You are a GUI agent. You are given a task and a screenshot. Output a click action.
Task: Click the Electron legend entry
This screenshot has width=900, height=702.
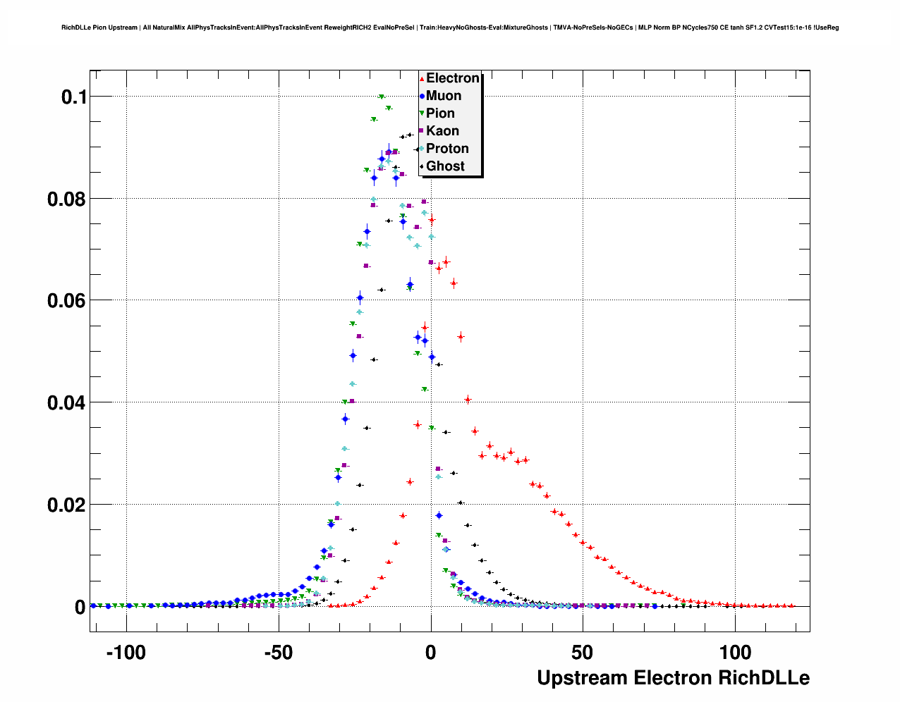[452, 78]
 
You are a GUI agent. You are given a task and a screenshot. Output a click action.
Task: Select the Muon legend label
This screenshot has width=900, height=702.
[444, 96]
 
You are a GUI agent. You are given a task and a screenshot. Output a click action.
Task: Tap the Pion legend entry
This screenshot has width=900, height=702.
[440, 113]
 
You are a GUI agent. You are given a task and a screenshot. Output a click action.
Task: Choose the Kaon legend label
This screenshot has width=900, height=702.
[442, 131]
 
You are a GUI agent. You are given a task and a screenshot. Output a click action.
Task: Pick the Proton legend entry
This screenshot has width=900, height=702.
[447, 149]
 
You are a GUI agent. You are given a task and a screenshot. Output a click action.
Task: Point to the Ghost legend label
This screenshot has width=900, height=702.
[445, 166]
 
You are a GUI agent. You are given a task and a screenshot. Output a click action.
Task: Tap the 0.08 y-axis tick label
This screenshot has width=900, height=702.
[66, 199]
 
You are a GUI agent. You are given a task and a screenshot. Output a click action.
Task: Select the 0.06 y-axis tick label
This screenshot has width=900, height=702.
[66, 301]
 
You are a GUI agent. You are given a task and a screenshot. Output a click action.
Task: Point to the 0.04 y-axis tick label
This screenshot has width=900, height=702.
[66, 403]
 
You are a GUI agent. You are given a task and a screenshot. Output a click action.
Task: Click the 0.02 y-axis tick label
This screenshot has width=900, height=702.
[66, 505]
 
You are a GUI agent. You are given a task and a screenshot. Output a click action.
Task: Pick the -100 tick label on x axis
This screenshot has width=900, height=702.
[126, 653]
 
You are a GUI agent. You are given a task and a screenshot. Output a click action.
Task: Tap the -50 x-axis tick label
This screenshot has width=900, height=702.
[278, 653]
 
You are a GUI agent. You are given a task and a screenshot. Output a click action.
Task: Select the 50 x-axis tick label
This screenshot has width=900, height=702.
[583, 653]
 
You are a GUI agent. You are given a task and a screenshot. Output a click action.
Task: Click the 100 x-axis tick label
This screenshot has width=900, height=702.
[735, 653]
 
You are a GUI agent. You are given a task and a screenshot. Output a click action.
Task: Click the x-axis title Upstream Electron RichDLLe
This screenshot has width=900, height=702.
[673, 678]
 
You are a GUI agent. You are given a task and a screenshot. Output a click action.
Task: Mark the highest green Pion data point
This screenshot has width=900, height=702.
[382, 97]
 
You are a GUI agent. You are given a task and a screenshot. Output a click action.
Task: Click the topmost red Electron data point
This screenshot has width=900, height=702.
[432, 220]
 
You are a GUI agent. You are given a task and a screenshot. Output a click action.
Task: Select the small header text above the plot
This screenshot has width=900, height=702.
[450, 27]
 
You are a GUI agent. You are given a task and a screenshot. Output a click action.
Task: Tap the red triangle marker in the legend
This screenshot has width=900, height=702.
[422, 78]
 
